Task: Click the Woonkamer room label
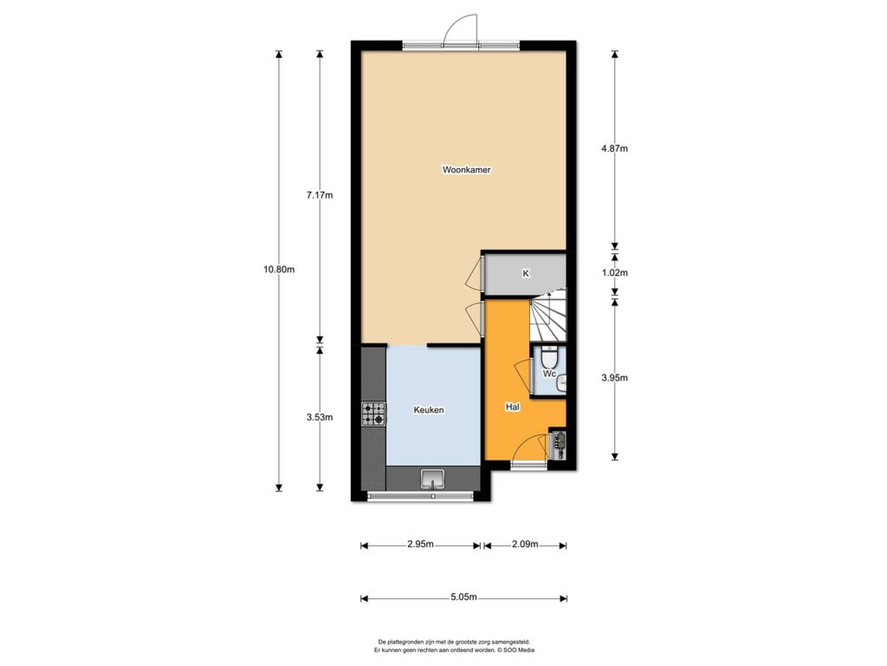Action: click(466, 170)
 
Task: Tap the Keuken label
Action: click(429, 410)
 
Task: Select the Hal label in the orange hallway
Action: click(512, 407)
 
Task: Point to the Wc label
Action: click(549, 373)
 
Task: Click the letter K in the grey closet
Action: click(525, 273)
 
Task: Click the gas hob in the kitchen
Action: click(373, 414)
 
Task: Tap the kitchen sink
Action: click(432, 479)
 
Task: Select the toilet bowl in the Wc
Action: click(549, 356)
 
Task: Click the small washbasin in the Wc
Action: click(561, 383)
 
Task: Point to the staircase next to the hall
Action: click(548, 314)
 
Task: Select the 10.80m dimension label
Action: click(279, 269)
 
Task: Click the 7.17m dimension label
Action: click(320, 195)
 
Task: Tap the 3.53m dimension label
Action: click(320, 417)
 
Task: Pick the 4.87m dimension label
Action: click(614, 148)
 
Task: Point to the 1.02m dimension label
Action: click(614, 272)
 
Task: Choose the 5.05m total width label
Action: click(464, 597)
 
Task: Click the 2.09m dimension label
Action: click(525, 544)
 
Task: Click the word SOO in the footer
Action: click(509, 650)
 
